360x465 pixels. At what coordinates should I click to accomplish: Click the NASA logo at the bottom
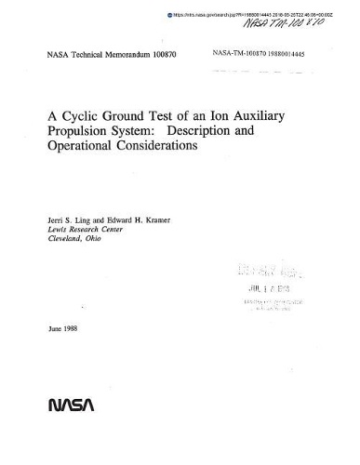click(x=66, y=405)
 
